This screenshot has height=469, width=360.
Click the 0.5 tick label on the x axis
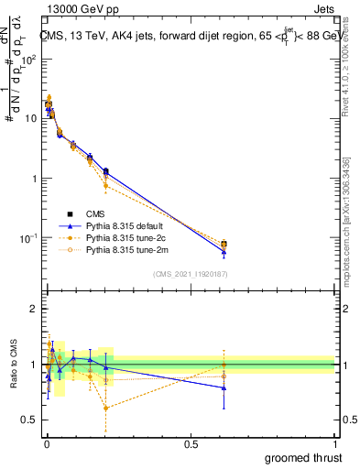click(x=191, y=443)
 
